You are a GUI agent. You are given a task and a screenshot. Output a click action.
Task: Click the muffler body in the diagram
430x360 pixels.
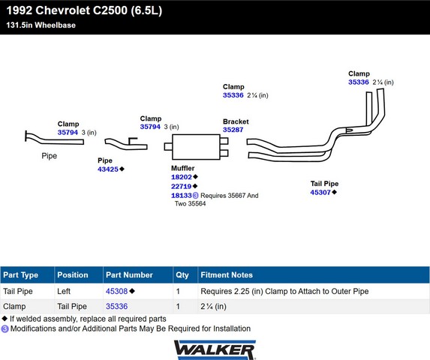[196, 147]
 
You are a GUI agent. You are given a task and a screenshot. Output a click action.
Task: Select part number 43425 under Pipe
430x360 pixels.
[108, 169]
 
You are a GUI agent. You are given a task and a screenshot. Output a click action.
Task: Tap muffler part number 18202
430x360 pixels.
[182, 177]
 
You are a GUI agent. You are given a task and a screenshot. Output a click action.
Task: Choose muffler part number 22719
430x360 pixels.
[182, 186]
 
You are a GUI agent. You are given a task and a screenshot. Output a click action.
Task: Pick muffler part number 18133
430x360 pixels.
[182, 195]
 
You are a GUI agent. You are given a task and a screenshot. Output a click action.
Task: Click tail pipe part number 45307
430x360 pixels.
[320, 192]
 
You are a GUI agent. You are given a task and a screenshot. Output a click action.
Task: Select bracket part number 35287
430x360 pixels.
[233, 130]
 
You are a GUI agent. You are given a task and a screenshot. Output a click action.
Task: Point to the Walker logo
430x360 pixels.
[215, 349]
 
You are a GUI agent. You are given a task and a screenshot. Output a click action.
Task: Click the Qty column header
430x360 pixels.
[182, 274]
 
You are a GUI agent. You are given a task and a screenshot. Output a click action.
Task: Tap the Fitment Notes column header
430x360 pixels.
[227, 274]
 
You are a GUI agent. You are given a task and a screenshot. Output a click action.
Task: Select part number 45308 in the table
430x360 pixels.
[116, 291]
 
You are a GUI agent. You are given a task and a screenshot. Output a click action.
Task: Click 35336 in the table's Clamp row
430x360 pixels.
[116, 306]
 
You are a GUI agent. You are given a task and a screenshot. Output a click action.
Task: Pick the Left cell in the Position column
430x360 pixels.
[64, 291]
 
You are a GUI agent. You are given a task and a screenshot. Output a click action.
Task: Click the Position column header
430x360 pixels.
[73, 274]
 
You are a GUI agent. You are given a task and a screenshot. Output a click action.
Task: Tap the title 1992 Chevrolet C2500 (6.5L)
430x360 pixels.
[84, 10]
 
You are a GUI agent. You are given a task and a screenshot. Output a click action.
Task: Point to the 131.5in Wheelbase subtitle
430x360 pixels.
[41, 25]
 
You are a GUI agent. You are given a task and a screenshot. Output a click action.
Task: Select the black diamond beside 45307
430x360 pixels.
[334, 192]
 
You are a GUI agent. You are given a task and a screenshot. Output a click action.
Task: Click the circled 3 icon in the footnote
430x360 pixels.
[5, 328]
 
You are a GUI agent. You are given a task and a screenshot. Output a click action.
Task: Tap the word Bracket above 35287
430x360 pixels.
[236, 121]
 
